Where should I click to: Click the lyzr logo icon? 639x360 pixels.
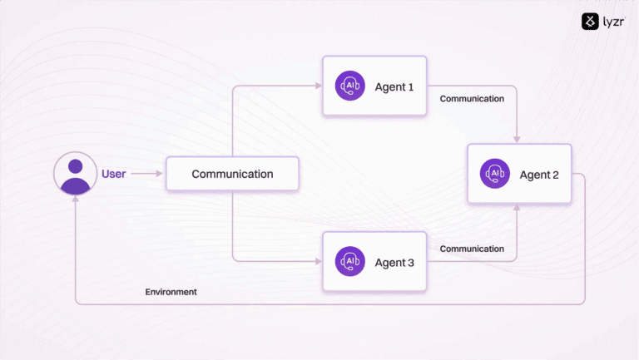point(591,22)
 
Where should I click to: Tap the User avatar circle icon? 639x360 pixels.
point(76,174)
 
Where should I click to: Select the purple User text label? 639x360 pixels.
point(113,174)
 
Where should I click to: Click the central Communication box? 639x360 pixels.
point(232,174)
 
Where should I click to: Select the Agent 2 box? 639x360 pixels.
point(519,174)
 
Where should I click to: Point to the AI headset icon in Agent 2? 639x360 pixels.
point(495,174)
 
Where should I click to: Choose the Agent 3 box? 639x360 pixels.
point(374,262)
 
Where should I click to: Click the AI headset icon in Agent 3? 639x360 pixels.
point(349,262)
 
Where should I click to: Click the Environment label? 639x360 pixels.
point(171,292)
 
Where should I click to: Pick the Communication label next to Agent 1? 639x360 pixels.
point(472,98)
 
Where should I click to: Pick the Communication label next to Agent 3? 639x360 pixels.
point(472,249)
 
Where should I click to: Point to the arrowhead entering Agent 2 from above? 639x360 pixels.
point(518,139)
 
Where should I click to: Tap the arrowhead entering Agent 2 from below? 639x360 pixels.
point(518,209)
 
